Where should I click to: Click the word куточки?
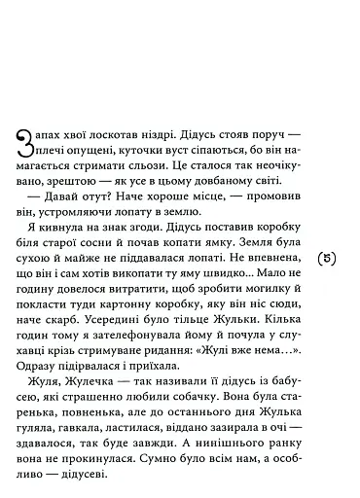[115, 151]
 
